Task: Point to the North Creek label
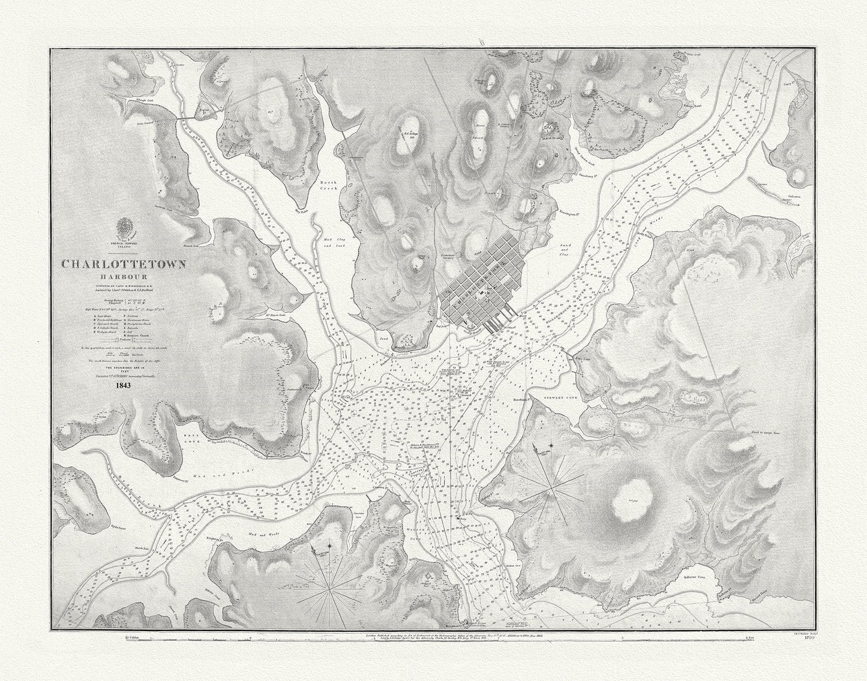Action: click(x=328, y=185)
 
